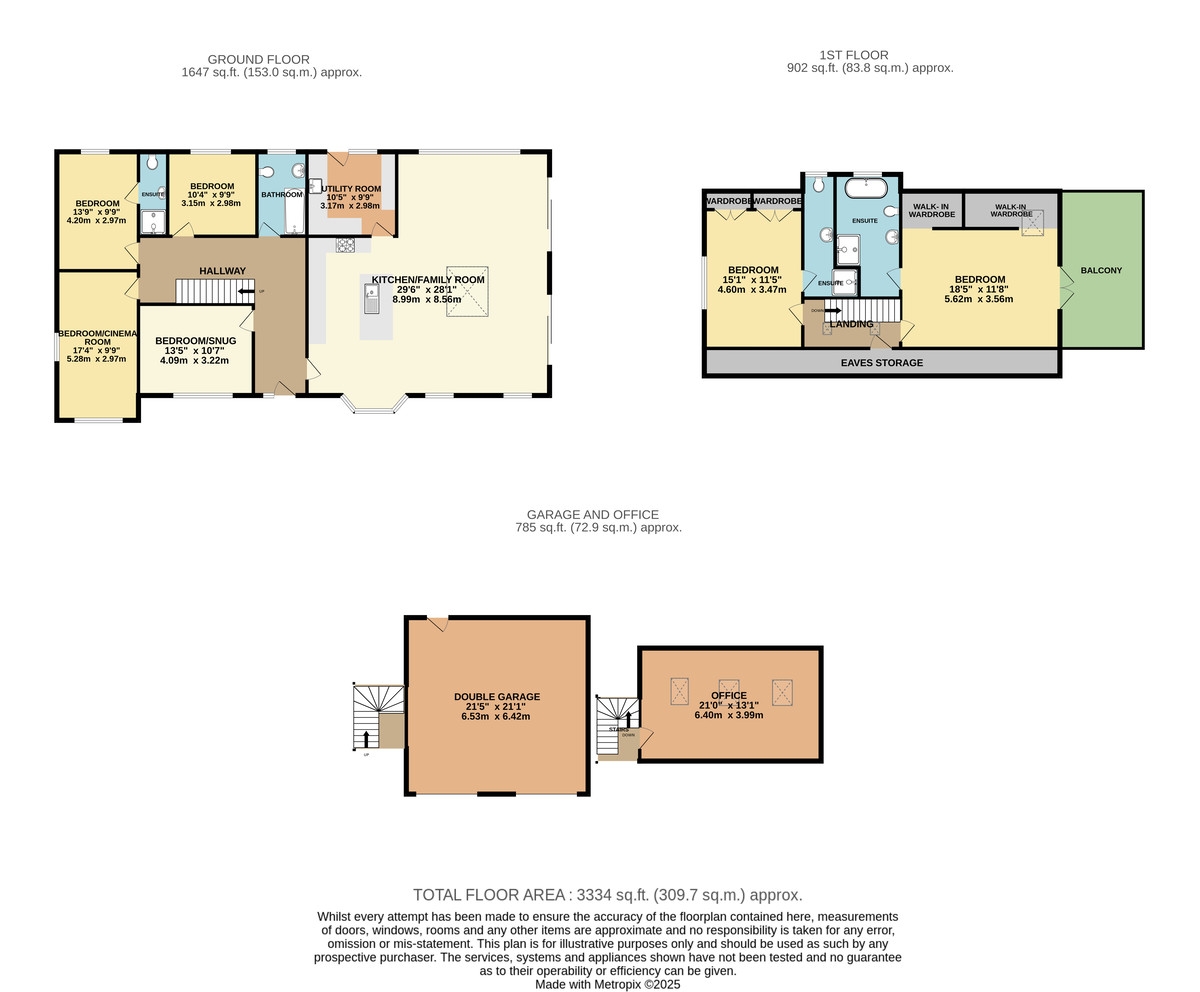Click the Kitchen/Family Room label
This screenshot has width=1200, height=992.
[428, 280]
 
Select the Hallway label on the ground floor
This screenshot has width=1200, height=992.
[222, 271]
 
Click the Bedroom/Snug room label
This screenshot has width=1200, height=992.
[195, 341]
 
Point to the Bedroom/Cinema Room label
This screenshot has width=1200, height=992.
[97, 338]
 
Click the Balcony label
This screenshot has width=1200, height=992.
[1101, 270]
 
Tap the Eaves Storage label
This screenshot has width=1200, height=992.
[881, 363]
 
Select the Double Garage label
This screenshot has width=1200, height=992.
[496, 697]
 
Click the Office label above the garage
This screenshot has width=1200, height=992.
[729, 696]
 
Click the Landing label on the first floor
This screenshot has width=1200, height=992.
[851, 324]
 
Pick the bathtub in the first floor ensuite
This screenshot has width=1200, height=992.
[866, 187]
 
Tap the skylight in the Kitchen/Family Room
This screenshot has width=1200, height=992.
[467, 291]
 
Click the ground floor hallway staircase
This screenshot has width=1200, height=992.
[214, 291]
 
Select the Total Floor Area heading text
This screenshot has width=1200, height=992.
[607, 895]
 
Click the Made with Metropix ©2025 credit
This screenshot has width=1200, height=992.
[607, 984]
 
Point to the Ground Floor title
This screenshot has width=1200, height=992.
[258, 59]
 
